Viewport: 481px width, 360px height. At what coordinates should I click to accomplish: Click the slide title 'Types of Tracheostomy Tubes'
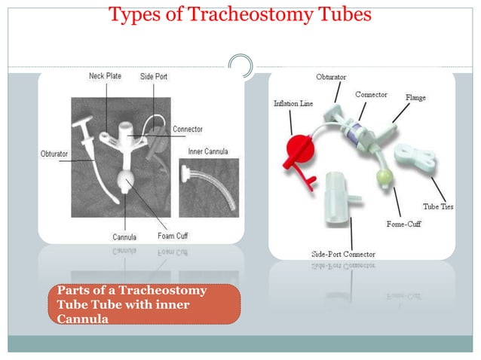click(x=240, y=15)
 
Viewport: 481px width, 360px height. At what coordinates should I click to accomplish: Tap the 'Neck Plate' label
click(x=106, y=77)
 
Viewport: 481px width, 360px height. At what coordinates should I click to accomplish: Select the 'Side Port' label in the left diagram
click(x=155, y=77)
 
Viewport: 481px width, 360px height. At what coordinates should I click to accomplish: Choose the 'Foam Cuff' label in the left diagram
click(x=173, y=236)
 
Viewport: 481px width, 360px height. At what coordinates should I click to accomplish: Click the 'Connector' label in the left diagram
click(x=188, y=130)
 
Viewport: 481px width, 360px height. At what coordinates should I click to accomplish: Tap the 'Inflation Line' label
click(x=293, y=103)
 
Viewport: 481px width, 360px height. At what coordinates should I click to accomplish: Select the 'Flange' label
click(x=415, y=98)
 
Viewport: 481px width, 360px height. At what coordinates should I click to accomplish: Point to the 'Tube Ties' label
click(x=437, y=206)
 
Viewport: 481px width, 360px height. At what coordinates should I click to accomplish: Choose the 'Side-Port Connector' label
click(x=343, y=254)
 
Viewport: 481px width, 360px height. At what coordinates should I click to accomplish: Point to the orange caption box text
click(x=143, y=304)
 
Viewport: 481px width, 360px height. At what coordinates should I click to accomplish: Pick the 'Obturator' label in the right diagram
click(x=332, y=78)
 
